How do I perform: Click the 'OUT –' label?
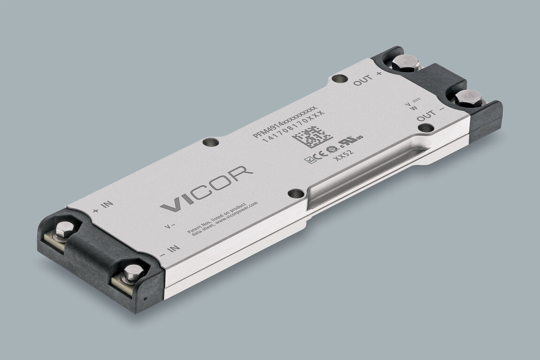[430, 115]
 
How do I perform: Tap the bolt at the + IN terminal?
[64, 230]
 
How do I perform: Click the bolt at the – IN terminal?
[133, 272]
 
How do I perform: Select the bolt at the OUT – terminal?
[468, 98]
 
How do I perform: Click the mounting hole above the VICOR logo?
[209, 142]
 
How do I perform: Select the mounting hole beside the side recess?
[296, 193]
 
